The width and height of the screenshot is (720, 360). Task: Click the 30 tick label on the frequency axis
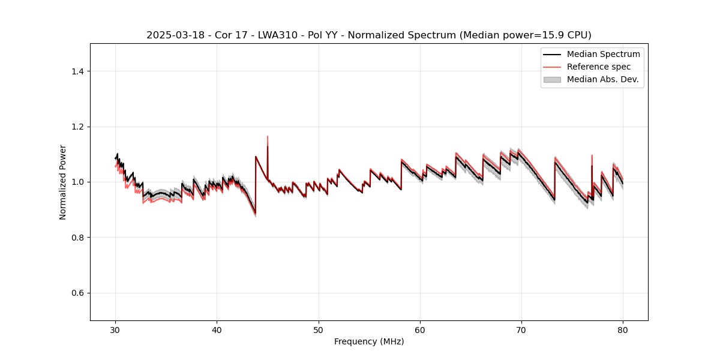(115, 330)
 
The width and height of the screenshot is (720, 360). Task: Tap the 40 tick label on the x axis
(217, 330)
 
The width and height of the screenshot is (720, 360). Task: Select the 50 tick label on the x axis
(319, 330)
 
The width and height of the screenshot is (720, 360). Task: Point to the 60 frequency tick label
(420, 330)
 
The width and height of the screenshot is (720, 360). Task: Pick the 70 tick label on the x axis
(521, 330)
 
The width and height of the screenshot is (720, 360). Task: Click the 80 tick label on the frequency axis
(623, 330)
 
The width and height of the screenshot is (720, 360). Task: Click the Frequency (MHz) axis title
(369, 341)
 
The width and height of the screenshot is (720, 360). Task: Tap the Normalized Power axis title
(63, 182)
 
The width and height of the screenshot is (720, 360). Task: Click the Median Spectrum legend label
(603, 54)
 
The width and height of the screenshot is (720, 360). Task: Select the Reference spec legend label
(599, 67)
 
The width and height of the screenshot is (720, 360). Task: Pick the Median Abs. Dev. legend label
(602, 79)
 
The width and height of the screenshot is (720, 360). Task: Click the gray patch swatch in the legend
(552, 79)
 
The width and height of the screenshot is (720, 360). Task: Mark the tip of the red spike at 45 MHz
(268, 136)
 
